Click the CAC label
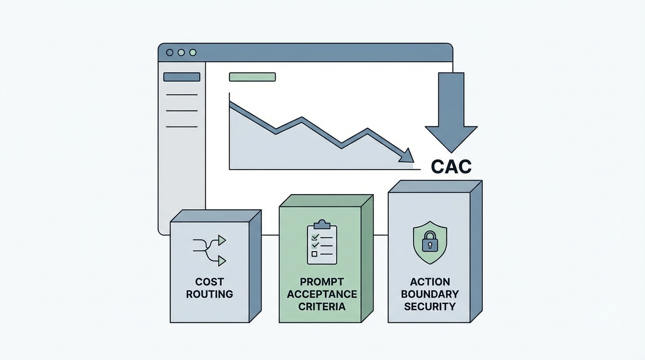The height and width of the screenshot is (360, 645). tap(451, 166)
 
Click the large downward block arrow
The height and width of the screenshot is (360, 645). tap(451, 112)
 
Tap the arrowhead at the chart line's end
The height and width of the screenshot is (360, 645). tap(407, 156)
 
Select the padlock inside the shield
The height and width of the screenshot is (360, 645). tap(429, 242)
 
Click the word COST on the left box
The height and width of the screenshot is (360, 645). tap(210, 282)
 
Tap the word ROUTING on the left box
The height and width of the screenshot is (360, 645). tap(210, 294)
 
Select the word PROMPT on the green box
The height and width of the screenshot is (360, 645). tap(322, 282)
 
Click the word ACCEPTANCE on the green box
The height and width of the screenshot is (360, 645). tap(322, 294)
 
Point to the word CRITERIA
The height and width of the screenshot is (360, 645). tap(322, 307)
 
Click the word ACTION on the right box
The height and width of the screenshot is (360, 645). tap(430, 282)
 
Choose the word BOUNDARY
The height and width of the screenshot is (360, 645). tap(430, 294)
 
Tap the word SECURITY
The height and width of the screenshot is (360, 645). tap(430, 307)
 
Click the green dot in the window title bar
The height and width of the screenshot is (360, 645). tap(193, 52)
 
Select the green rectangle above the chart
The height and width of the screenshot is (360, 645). tap(252, 77)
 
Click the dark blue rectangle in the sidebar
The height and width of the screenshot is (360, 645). tap(181, 77)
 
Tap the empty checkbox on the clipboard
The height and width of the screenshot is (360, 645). tap(314, 254)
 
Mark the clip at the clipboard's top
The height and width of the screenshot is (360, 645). tap(322, 224)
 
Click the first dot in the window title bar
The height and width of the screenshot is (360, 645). tap(170, 52)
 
